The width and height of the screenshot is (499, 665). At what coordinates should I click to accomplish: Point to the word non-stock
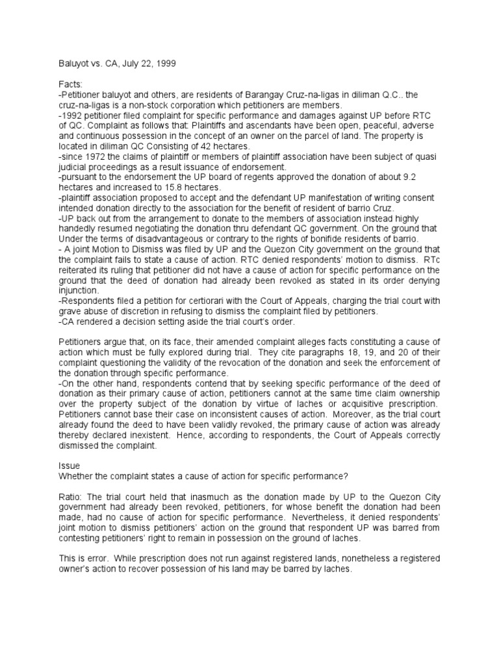tap(148, 106)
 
